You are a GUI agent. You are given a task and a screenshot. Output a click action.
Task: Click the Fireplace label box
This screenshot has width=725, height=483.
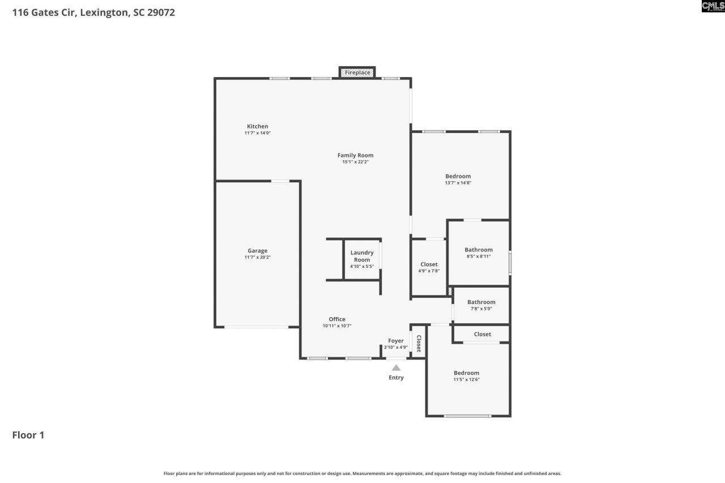pos(357,72)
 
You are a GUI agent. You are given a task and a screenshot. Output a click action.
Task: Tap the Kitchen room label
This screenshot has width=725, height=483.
pos(257,126)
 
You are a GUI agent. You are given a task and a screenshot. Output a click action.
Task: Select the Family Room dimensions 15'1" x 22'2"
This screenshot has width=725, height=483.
pos(355,162)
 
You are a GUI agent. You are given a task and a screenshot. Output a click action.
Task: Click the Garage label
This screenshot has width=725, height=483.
pos(257,251)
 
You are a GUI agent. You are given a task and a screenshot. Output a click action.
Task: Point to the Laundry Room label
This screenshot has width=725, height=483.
pos(361,257)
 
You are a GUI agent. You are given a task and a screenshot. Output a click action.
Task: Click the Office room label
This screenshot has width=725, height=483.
pos(337,319)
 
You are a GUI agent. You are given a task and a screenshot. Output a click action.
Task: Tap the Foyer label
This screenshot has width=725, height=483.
pos(396,341)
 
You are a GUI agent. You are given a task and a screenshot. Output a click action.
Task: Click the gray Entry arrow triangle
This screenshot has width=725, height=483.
pos(396,368)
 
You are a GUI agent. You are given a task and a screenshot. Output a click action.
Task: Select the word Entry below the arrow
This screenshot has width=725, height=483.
pos(396,378)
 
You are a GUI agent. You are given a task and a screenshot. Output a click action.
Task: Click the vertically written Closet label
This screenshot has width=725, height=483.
pos(419,343)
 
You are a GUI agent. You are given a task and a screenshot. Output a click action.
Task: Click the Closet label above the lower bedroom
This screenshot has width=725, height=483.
pos(483,334)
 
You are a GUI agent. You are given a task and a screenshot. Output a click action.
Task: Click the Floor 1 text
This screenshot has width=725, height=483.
pos(28,435)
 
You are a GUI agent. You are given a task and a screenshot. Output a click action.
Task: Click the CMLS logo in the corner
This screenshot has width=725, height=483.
pos(713,6)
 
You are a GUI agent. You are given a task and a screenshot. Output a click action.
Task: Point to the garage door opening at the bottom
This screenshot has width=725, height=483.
pos(257,327)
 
